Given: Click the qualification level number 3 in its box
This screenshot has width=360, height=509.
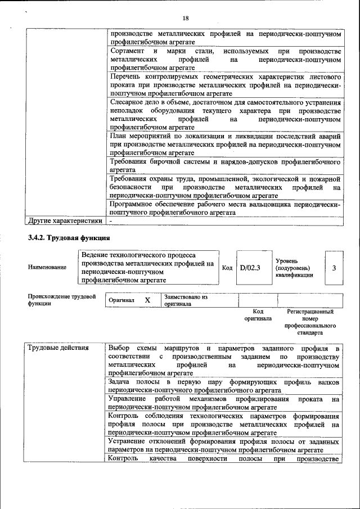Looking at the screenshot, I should pyautogui.click(x=334, y=268).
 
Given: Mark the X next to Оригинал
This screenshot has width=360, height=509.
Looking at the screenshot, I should pyautogui.click(x=147, y=300).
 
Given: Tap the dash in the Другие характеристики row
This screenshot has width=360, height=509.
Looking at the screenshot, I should pyautogui.click(x=111, y=221).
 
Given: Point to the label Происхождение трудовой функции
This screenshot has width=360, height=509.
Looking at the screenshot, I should pyautogui.click(x=61, y=300).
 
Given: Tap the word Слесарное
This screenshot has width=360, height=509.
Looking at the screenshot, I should pyautogui.click(x=129, y=103).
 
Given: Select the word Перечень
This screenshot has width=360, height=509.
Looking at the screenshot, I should pyautogui.click(x=127, y=76).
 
